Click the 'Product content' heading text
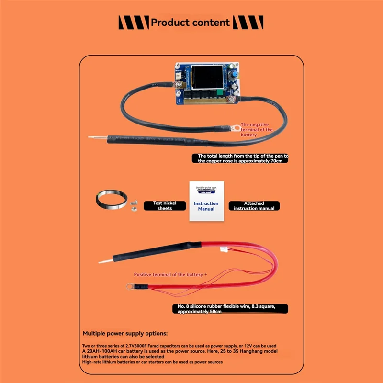(191, 23)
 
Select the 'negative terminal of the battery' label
(257, 129)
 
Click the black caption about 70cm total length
(243, 159)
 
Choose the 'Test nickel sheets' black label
(165, 205)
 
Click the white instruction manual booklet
(206, 202)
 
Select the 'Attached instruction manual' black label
(254, 205)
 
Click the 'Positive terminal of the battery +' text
(170, 275)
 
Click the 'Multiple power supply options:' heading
(125, 333)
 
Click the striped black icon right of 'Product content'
(248, 23)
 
